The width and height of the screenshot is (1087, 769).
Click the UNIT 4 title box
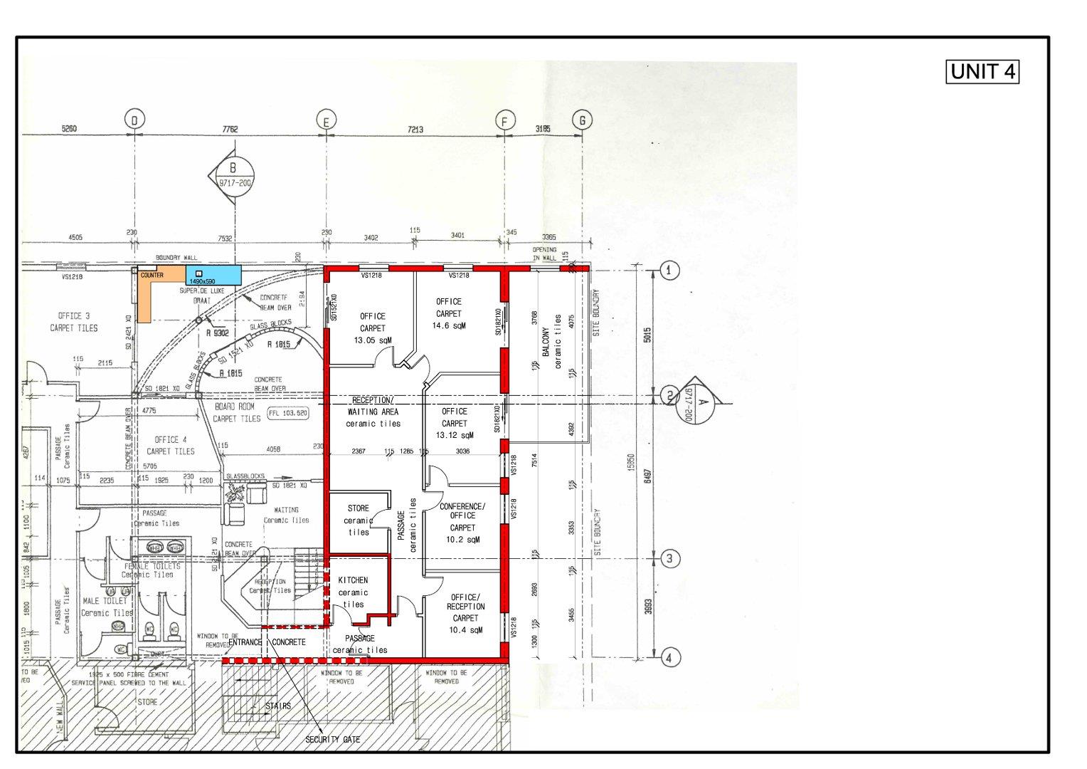(x=982, y=72)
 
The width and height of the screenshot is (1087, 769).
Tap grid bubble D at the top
(x=133, y=121)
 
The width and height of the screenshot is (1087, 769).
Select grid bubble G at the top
(x=582, y=120)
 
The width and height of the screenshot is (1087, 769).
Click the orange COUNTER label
(x=152, y=275)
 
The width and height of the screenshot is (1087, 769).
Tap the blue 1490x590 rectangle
(x=212, y=276)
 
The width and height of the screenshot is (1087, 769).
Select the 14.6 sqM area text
(x=448, y=325)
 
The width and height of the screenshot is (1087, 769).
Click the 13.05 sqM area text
(x=372, y=340)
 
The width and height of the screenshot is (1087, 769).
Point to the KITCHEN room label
(x=353, y=580)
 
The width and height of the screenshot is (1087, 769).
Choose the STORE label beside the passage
(x=359, y=508)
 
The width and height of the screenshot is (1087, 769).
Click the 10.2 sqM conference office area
(x=462, y=540)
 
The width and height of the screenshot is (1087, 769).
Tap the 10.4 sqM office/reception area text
(x=465, y=630)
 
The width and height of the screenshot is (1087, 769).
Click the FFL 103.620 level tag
(x=287, y=413)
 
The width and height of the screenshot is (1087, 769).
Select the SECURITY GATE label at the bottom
(x=332, y=739)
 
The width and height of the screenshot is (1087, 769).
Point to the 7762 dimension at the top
(x=230, y=129)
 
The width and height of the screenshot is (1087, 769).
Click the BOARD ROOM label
(x=234, y=406)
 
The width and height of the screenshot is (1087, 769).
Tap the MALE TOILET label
(x=105, y=601)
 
